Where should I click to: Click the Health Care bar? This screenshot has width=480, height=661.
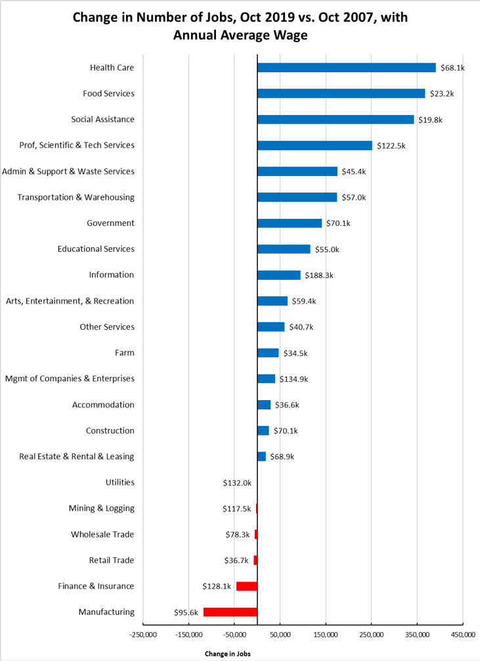[346, 68]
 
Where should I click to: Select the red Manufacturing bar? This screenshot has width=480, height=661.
[230, 612]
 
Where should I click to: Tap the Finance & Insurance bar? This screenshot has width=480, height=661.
[246, 586]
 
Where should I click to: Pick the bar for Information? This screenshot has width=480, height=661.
[278, 275]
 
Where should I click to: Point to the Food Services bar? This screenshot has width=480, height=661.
[341, 93]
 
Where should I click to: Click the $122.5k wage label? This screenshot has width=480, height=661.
[391, 145]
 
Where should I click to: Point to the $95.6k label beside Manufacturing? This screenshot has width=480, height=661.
[186, 612]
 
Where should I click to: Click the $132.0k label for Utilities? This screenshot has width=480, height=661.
[237, 482]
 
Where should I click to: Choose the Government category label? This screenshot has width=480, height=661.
[110, 223]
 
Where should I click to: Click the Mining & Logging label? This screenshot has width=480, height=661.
[101, 508]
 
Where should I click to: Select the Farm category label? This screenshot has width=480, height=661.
[124, 353]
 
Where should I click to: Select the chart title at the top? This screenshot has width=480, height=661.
[240, 26]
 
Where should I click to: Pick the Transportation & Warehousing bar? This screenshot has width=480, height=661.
[297, 197]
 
